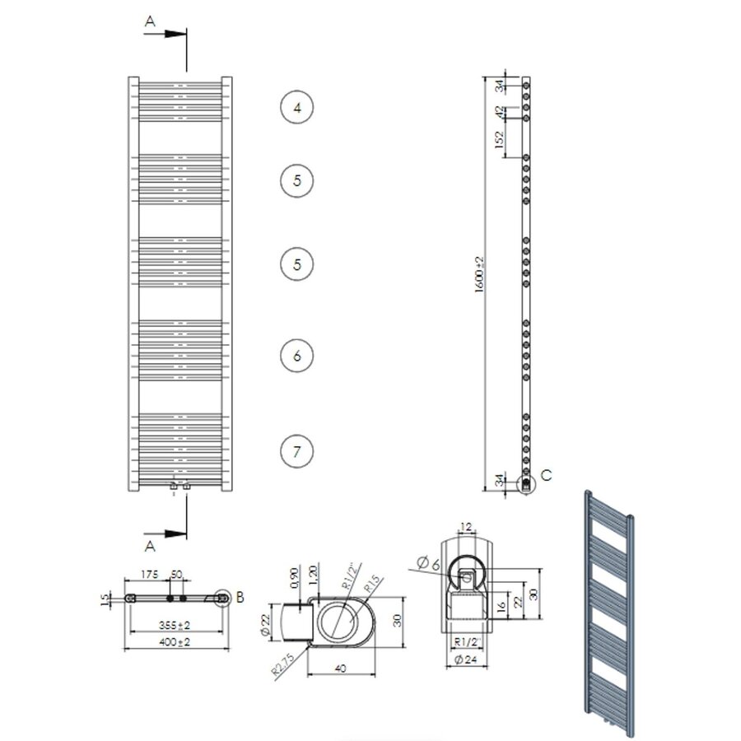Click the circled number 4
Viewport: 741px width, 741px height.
click(x=297, y=107)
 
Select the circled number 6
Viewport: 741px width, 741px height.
click(x=297, y=356)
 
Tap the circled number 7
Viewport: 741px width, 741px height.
click(x=297, y=450)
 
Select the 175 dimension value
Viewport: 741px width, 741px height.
click(x=149, y=573)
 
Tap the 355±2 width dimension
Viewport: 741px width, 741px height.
click(x=173, y=625)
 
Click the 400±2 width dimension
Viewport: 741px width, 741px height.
click(x=173, y=641)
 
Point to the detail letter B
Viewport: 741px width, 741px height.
click(x=240, y=598)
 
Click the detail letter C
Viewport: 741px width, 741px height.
click(x=548, y=476)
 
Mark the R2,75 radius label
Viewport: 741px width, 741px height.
click(x=283, y=664)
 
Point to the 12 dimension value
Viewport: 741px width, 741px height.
click(x=467, y=527)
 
